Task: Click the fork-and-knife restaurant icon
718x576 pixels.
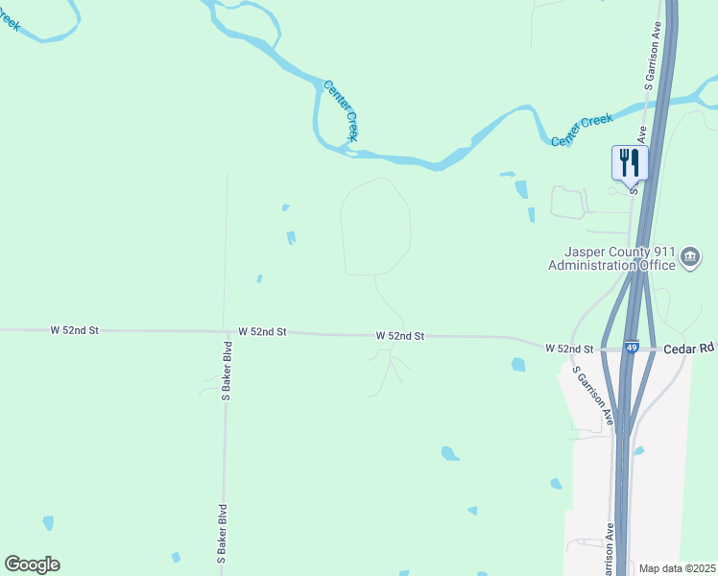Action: coord(630,161)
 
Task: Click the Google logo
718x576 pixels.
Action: coord(32,564)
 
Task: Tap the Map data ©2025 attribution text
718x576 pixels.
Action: coord(677,568)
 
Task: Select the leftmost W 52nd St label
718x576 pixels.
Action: coord(75,329)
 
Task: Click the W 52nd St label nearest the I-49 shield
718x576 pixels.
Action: coord(570,348)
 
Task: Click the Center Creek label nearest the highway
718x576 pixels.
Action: coord(582,131)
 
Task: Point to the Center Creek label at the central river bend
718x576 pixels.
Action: coord(341,111)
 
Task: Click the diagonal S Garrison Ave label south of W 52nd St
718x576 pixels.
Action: coord(591,394)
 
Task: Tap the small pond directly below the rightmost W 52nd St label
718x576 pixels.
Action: coord(518,365)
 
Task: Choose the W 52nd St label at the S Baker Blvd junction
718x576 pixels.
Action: coord(263,331)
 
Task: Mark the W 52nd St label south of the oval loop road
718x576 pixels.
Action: coord(399,336)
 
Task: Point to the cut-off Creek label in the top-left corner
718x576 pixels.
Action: coord(10,18)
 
